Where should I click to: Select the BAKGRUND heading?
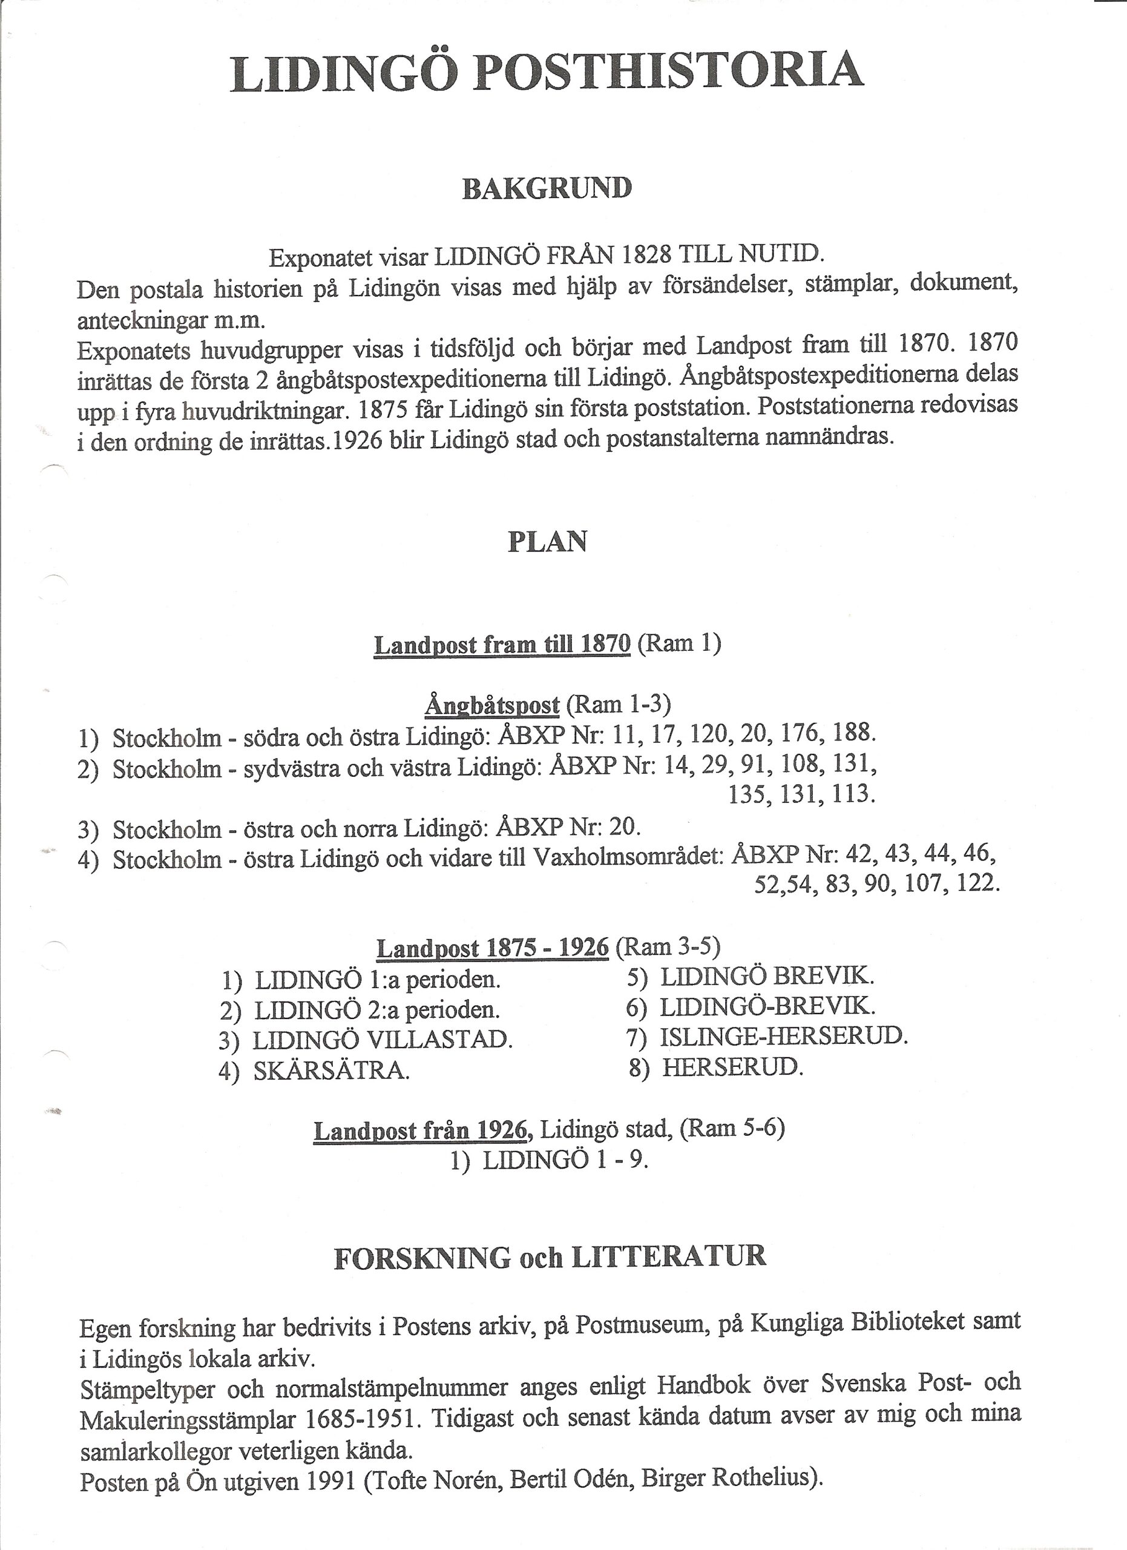(547, 188)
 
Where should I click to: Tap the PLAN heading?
(547, 542)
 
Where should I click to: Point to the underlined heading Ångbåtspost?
(492, 704)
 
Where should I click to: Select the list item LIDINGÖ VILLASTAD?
(383, 1040)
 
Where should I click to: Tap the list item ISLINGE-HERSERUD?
(783, 1036)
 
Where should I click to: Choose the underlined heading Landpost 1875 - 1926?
(492, 948)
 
